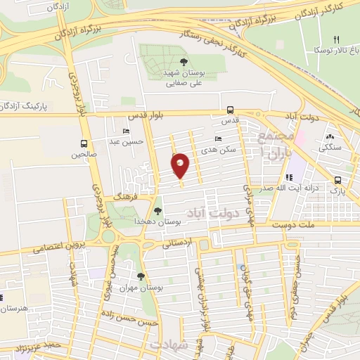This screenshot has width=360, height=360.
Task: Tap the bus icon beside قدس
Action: click(230, 110)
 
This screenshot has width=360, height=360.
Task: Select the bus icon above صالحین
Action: click(84, 143)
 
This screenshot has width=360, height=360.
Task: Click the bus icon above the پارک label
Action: click(338, 179)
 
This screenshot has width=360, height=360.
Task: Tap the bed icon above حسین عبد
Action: click(126, 131)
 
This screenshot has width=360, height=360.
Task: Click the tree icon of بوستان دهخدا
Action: click(157, 210)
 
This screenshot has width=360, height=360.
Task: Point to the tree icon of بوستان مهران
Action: click(141, 276)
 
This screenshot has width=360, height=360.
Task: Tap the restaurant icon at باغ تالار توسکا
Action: click(336, 39)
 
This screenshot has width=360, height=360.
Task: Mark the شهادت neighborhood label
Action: click(169, 344)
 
